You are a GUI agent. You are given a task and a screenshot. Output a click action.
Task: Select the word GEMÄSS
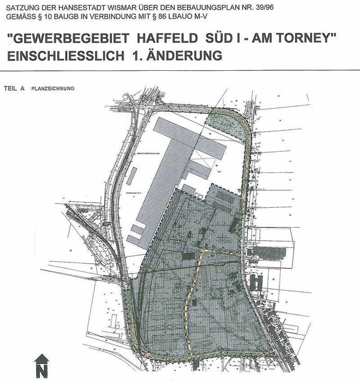pyautogui.click(x=19, y=17)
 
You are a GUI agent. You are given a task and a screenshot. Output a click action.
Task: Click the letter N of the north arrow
pyautogui.click(x=41, y=368)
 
